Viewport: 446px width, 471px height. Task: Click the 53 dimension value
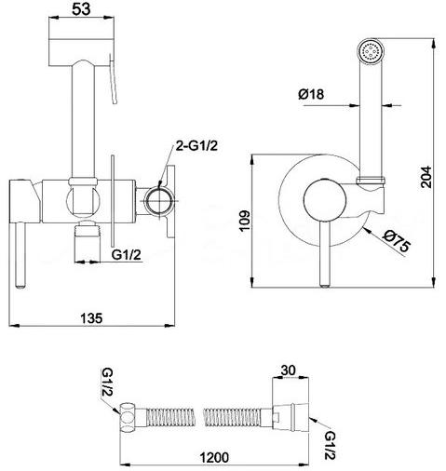click(x=81, y=9)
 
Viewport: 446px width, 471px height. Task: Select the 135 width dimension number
click(x=91, y=318)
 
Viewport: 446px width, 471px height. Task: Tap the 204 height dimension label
click(x=426, y=177)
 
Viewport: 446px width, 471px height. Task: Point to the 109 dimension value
click(x=245, y=221)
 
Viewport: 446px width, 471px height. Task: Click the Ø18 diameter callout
click(x=311, y=94)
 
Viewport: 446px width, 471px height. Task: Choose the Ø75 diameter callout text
click(x=396, y=242)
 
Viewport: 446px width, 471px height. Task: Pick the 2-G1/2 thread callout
click(x=196, y=145)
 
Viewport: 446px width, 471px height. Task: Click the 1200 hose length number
click(x=214, y=457)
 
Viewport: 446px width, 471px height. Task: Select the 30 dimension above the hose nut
click(x=289, y=370)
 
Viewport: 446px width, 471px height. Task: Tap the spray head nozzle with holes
click(x=371, y=51)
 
